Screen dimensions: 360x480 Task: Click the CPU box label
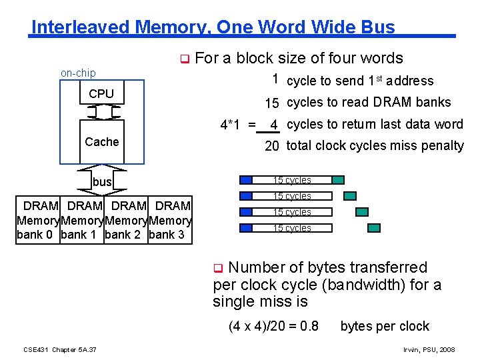pyautogui.click(x=101, y=94)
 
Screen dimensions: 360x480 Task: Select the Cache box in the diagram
pyautogui.click(x=102, y=141)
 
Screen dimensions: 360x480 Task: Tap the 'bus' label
pyautogui.click(x=102, y=182)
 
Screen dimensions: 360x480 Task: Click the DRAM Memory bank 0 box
pyautogui.click(x=37, y=220)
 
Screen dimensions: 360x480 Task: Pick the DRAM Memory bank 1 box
pyautogui.click(x=82, y=220)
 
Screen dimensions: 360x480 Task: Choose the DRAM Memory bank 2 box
pyautogui.click(x=126, y=220)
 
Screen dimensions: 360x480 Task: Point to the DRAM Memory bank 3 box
pyautogui.click(x=170, y=220)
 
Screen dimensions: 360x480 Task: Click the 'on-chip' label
pyautogui.click(x=78, y=73)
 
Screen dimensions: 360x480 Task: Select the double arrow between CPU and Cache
pyautogui.click(x=102, y=112)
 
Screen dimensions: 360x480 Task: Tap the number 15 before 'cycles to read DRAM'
pyautogui.click(x=271, y=103)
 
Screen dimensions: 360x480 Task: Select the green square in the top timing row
pyautogui.click(x=338, y=180)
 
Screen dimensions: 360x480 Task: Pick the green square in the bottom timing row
pyautogui.click(x=374, y=228)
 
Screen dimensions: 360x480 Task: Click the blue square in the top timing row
pyautogui.click(x=247, y=180)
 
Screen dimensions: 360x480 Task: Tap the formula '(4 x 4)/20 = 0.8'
pyautogui.click(x=273, y=327)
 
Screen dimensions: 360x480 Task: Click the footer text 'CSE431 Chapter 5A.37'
pyautogui.click(x=60, y=349)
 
